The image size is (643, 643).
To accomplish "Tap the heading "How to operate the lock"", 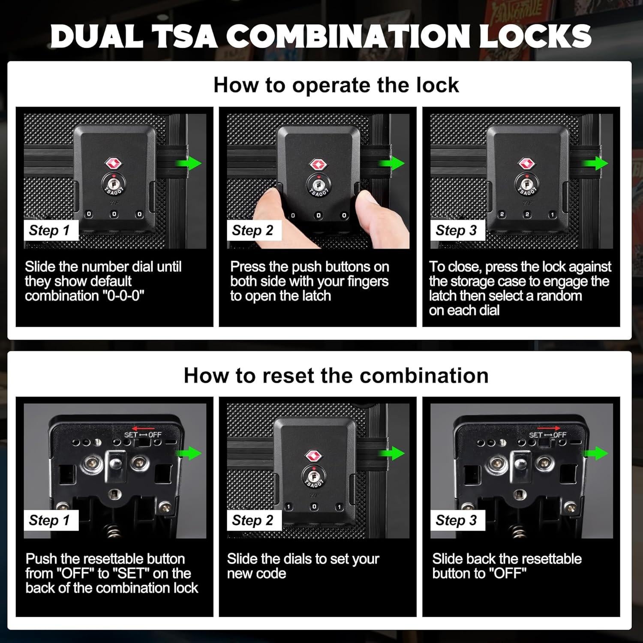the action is click(x=336, y=85).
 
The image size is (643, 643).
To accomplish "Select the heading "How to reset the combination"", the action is click(x=336, y=376).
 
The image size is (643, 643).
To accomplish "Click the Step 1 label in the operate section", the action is click(x=49, y=230).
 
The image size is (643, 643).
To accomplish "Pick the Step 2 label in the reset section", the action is click(x=252, y=520).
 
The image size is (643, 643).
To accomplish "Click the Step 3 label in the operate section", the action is click(x=456, y=230).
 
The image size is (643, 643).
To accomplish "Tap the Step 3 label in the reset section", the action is click(x=456, y=520).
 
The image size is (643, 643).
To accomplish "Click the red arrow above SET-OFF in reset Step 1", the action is click(x=143, y=428).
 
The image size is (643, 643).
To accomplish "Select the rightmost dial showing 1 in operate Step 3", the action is click(x=552, y=214).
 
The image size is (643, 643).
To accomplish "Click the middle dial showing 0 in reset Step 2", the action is click(x=314, y=507).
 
